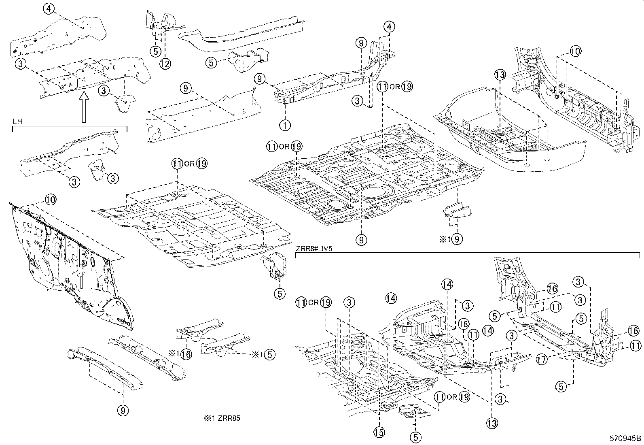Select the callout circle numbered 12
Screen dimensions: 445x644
[165, 63]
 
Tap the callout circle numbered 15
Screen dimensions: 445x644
[379, 432]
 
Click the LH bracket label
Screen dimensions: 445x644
[17, 121]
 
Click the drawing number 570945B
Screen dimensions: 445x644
[626, 438]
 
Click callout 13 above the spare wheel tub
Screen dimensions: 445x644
[500, 75]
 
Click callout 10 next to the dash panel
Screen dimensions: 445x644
[50, 200]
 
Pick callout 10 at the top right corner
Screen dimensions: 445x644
[575, 51]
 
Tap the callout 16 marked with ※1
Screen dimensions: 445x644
[186, 354]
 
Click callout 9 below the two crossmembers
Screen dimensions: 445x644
[123, 411]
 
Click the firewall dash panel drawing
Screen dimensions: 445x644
[69, 263]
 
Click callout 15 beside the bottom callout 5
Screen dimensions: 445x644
[379, 432]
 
